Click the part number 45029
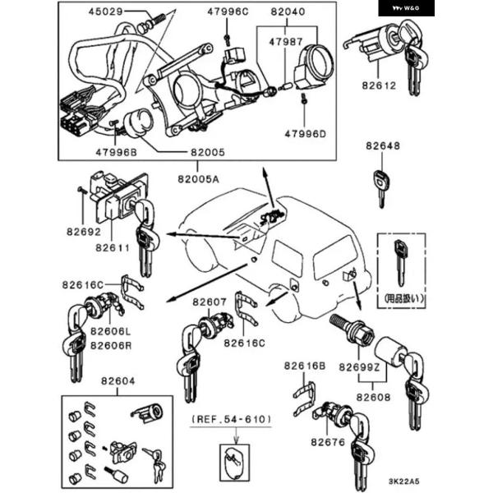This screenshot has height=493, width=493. tap(104, 12)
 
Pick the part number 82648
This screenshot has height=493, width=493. tap(384, 146)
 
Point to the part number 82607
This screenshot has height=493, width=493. tap(210, 302)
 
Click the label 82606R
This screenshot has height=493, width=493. tap(110, 345)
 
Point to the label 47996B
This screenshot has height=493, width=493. tap(114, 153)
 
